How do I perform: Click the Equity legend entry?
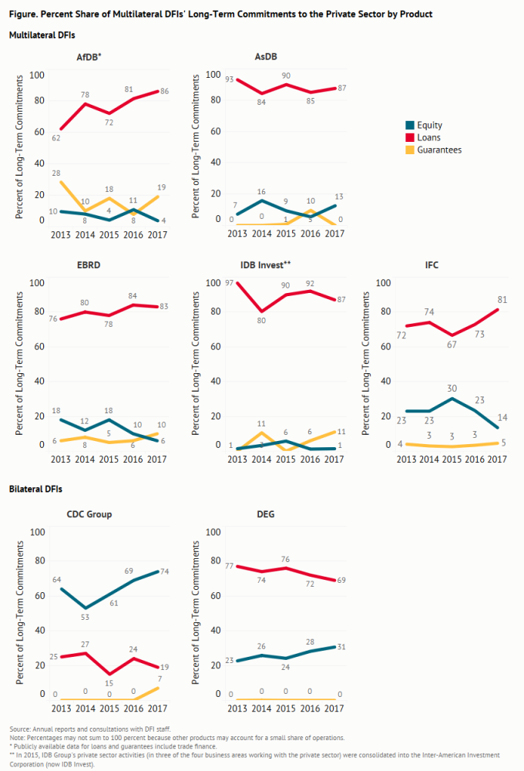(x=428, y=125)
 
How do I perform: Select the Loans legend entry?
(x=428, y=137)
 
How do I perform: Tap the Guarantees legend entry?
(x=439, y=150)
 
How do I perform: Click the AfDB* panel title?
(x=89, y=57)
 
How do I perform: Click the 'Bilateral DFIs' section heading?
(x=35, y=490)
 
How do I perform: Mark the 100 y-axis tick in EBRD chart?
(x=37, y=282)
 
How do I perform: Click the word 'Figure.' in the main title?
(x=24, y=14)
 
